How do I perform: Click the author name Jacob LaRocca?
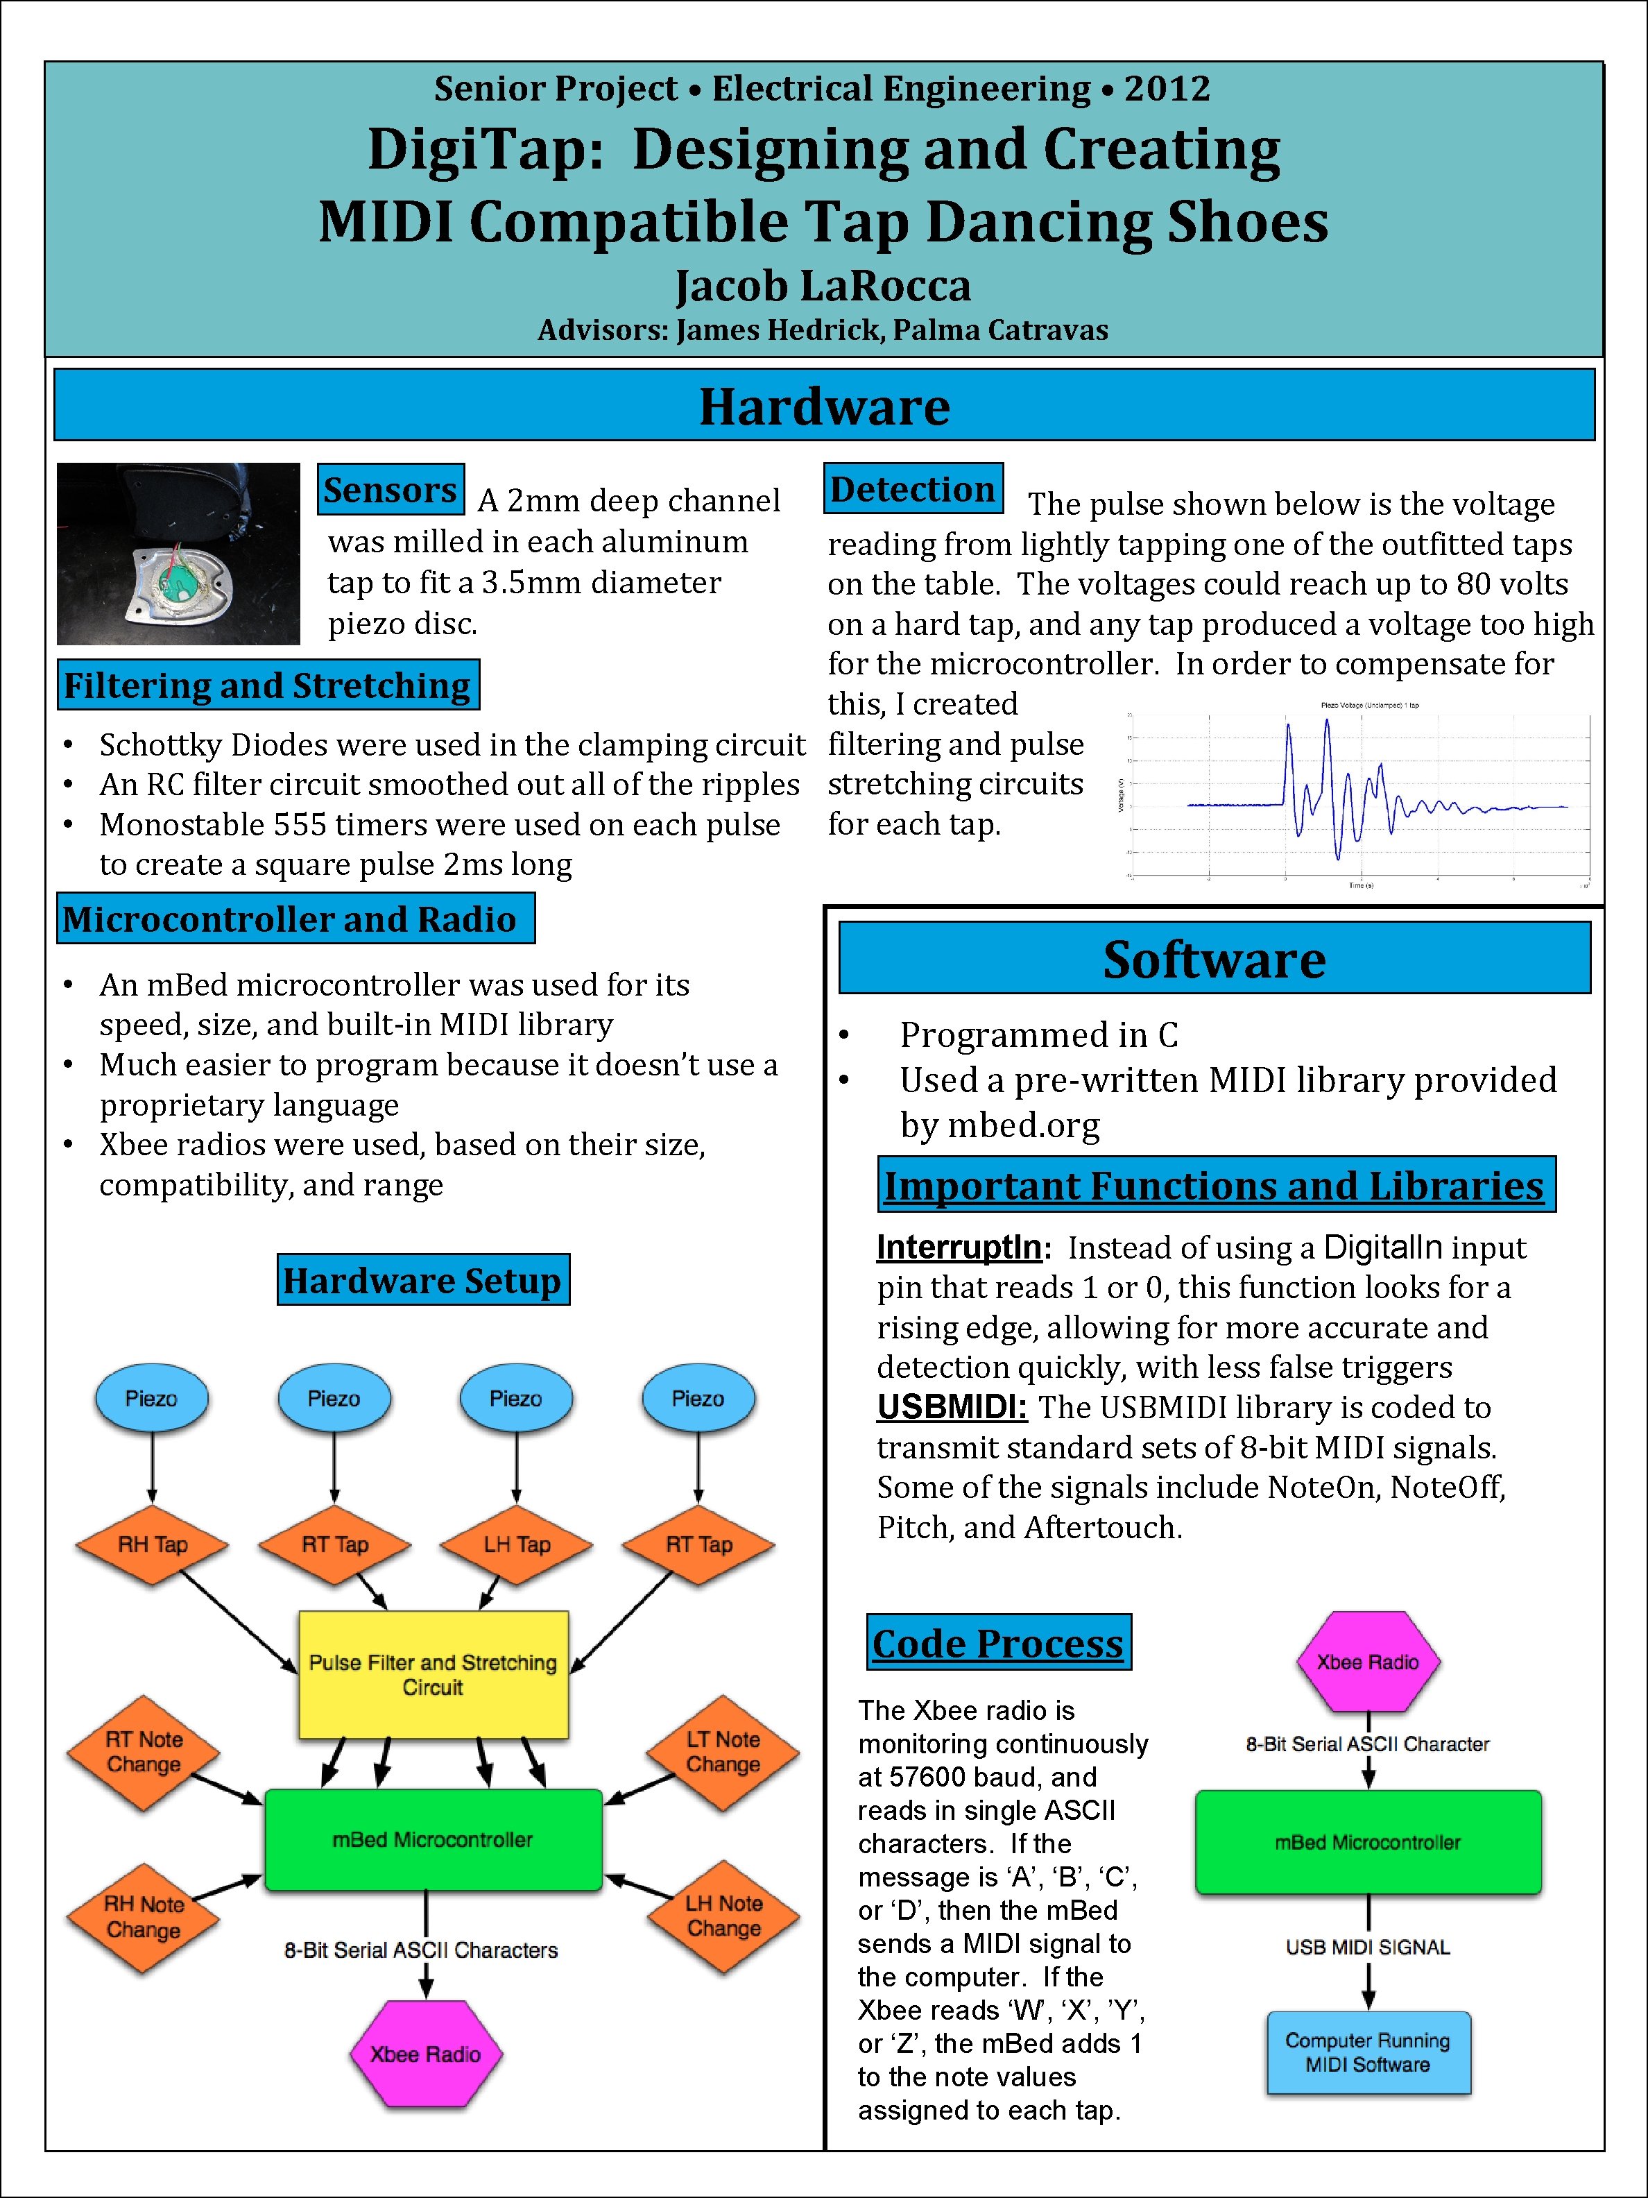tap(823, 286)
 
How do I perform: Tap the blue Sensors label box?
tap(390, 490)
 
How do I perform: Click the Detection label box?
tap(913, 489)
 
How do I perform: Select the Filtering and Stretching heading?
tap(267, 685)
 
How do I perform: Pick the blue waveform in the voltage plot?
tap(1331, 795)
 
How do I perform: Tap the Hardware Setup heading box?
tap(422, 1280)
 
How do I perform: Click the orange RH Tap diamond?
tap(152, 1544)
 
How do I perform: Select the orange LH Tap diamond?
tap(517, 1544)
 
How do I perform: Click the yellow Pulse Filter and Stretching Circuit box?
tap(433, 1674)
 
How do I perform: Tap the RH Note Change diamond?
tap(144, 1917)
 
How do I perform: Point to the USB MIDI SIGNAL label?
tap(1368, 1948)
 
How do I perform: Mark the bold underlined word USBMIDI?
tap(951, 1408)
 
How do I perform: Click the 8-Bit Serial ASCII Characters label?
tap(421, 1950)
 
